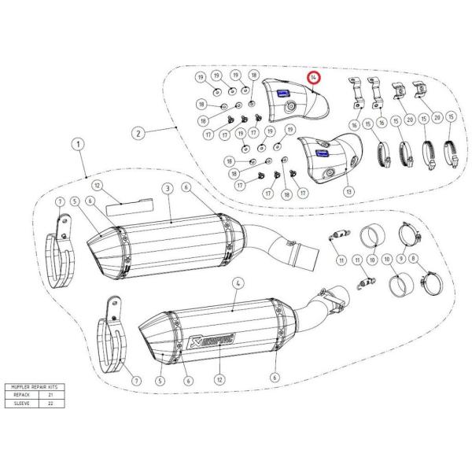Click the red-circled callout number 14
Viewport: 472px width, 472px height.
coord(314,77)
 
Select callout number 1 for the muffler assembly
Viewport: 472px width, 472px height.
coord(76,144)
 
